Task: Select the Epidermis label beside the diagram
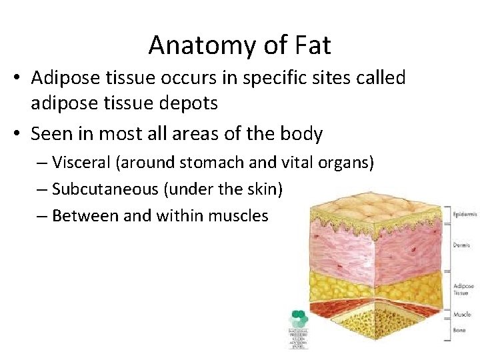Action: (464, 215)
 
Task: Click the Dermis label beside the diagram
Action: (461, 245)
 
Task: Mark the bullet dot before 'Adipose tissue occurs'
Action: (18, 79)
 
